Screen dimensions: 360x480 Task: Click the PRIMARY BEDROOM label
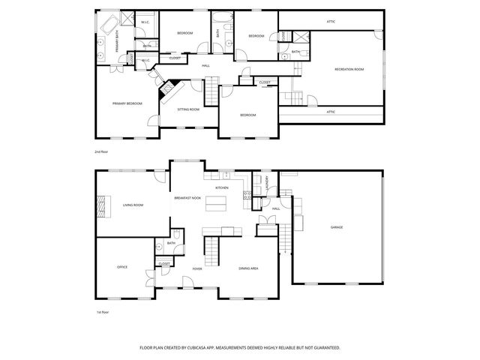tap(127, 103)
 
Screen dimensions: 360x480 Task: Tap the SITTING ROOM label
tap(188, 109)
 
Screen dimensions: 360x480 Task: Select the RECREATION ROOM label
tap(349, 70)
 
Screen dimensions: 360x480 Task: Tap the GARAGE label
tap(337, 227)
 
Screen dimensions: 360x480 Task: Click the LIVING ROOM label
tap(133, 205)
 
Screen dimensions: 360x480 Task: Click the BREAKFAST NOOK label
tap(187, 198)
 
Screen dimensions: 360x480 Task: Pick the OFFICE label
tap(121, 267)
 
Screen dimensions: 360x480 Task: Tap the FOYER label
tap(197, 268)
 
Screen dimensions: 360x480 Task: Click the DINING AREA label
tap(248, 268)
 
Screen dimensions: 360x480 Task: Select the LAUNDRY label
tap(267, 181)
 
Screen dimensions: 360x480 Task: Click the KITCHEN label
tap(222, 187)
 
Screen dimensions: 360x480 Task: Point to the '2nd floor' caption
tap(101, 152)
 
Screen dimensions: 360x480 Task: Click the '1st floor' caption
tap(101, 311)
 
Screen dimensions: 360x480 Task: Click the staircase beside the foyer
tap(213, 250)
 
